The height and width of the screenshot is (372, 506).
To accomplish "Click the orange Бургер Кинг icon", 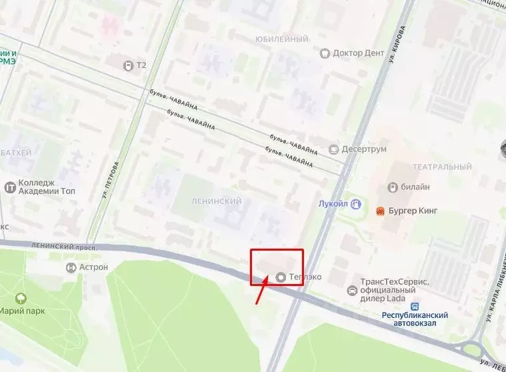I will (x=381, y=211).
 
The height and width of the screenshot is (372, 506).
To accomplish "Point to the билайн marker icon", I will (x=393, y=187).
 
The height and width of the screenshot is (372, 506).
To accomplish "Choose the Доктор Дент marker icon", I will (x=325, y=53).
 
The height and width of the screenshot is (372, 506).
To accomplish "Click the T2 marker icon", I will (x=128, y=65).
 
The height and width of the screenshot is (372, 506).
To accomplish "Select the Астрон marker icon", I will (x=71, y=267).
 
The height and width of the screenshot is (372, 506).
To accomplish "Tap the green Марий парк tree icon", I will (x=21, y=298).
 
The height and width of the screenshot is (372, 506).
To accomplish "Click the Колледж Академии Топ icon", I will (x=10, y=187).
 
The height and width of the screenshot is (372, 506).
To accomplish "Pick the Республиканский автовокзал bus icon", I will (x=415, y=307).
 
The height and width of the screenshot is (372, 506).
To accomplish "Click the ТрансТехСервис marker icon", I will (x=352, y=291).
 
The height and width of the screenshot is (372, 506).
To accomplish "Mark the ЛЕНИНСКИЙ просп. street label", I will (x=64, y=247).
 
